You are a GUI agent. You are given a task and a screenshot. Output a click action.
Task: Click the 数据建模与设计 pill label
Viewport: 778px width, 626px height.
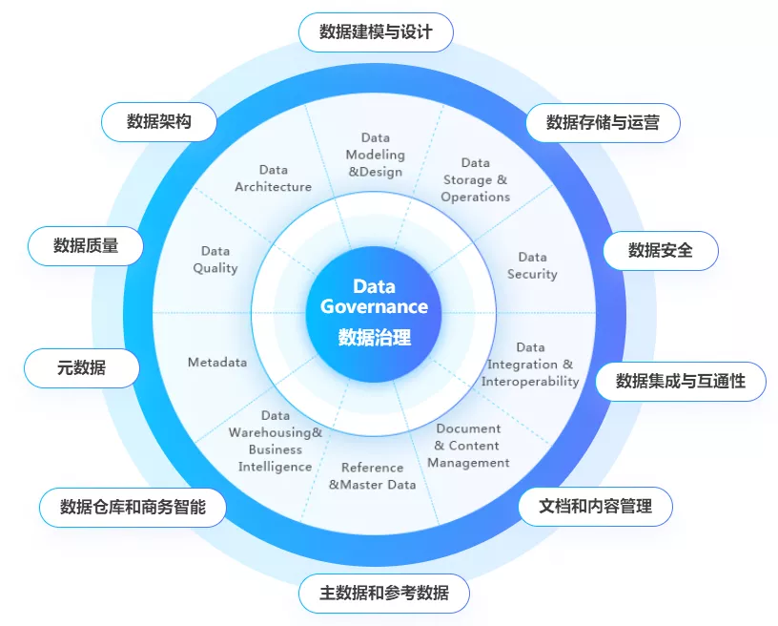click(376, 31)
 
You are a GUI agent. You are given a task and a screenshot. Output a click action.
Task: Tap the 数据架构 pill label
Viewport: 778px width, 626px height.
click(159, 121)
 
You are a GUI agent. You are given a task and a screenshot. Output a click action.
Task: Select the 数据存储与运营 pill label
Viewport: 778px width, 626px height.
click(603, 122)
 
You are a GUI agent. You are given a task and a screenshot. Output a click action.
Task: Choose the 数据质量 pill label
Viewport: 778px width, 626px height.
click(86, 245)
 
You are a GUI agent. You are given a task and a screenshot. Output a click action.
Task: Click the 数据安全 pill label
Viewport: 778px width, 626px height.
click(660, 250)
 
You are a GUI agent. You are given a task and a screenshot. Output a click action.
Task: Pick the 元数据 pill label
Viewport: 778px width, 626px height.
click(81, 367)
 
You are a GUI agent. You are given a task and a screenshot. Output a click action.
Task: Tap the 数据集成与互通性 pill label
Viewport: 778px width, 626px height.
click(680, 381)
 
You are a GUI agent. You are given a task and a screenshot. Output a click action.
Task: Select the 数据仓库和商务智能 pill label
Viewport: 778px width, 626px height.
click(133, 506)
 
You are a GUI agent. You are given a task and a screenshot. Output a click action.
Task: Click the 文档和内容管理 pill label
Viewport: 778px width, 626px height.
click(595, 506)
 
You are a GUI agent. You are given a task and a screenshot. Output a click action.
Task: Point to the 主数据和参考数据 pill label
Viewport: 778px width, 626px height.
click(385, 593)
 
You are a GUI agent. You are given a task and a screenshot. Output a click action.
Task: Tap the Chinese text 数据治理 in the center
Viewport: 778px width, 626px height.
click(374, 337)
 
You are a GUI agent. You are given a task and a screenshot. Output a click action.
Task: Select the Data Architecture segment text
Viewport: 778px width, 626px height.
click(273, 178)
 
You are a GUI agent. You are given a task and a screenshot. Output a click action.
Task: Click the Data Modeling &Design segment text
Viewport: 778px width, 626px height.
click(375, 155)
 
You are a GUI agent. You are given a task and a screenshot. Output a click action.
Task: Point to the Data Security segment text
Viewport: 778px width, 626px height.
click(532, 265)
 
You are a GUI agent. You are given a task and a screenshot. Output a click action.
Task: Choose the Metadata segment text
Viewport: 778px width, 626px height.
click(217, 363)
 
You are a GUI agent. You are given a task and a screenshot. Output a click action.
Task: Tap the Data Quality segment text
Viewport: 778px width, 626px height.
click(215, 260)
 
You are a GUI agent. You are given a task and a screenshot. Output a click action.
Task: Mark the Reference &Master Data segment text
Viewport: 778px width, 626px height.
click(373, 476)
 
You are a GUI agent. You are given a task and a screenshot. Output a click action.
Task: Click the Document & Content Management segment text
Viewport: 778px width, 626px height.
click(468, 446)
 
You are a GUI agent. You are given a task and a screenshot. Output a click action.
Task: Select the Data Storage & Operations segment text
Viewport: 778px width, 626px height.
click(475, 179)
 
